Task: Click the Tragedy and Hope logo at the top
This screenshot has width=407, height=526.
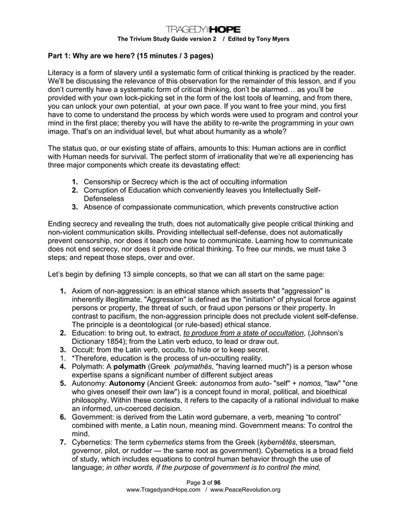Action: (204, 29)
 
